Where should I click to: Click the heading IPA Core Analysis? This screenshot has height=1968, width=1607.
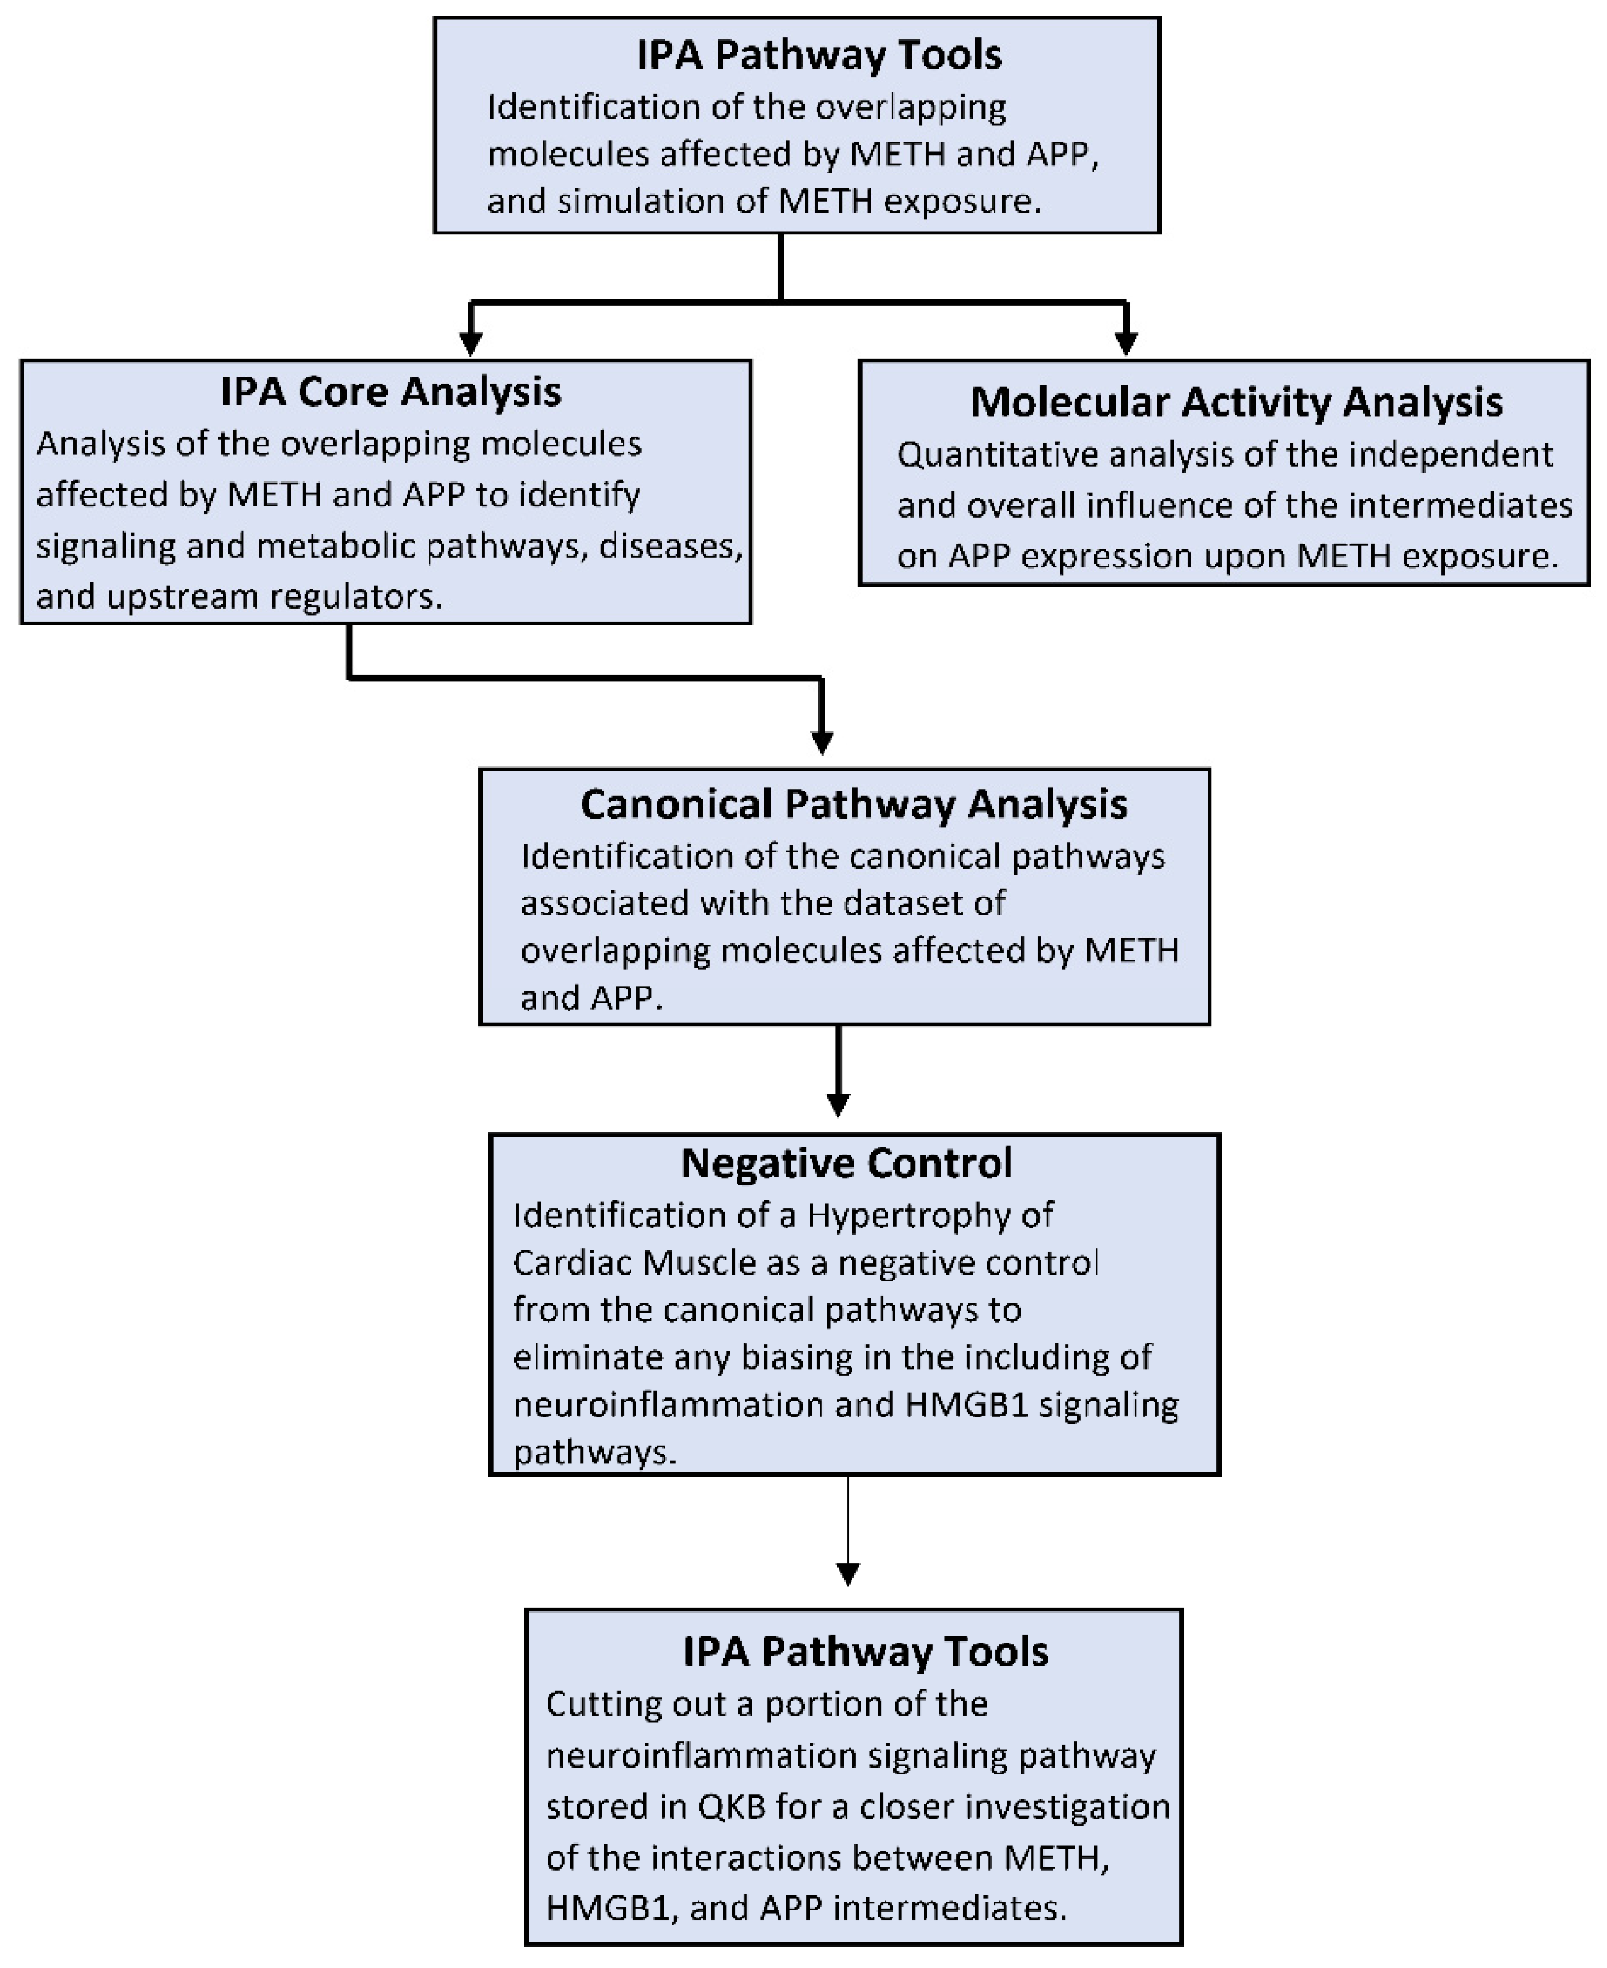click(390, 392)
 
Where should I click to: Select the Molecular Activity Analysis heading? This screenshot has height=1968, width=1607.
click(1236, 402)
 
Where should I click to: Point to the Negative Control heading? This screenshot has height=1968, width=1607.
click(846, 1163)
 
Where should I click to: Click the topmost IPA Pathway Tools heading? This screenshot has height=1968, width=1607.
click(819, 55)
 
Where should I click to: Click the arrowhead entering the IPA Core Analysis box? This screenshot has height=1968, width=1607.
click(471, 343)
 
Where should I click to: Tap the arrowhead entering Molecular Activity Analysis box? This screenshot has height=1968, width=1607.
click(1125, 343)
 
